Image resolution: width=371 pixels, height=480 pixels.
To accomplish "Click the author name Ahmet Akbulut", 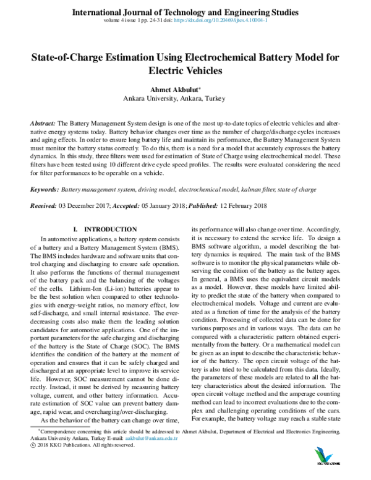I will click(x=183, y=88).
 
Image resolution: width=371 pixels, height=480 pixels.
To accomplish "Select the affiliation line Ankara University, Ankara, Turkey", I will click(x=185, y=98).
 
